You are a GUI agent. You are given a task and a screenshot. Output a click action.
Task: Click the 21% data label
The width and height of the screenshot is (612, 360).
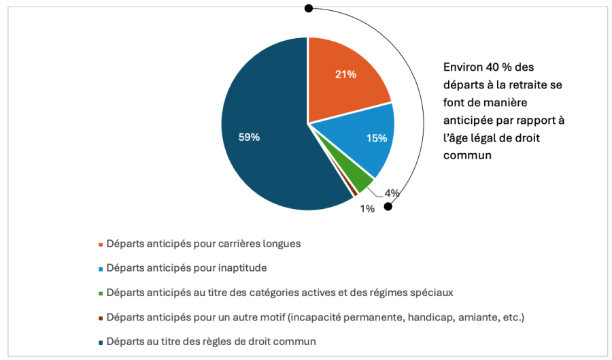click(345, 74)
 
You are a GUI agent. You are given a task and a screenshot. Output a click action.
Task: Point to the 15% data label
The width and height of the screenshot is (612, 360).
click(376, 138)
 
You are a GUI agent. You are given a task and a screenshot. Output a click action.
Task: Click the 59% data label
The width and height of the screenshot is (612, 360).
click(249, 137)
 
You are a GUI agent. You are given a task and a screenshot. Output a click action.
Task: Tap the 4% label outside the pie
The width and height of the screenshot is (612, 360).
click(392, 193)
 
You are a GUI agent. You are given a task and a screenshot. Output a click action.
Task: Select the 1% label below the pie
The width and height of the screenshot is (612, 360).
click(367, 209)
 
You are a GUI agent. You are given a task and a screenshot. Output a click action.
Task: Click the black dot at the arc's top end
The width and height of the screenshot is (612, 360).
click(309, 8)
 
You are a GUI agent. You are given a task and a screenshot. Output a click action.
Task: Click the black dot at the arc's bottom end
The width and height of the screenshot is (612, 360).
click(388, 206)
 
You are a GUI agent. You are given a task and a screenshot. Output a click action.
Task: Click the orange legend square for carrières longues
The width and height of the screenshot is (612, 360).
click(101, 244)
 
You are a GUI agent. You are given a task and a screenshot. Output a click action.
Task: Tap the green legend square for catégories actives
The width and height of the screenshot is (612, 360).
click(101, 293)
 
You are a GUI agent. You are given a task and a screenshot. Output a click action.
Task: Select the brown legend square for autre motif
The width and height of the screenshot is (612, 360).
click(101, 317)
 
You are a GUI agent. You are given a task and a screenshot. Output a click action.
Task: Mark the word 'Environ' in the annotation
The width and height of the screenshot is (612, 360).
click(462, 67)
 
